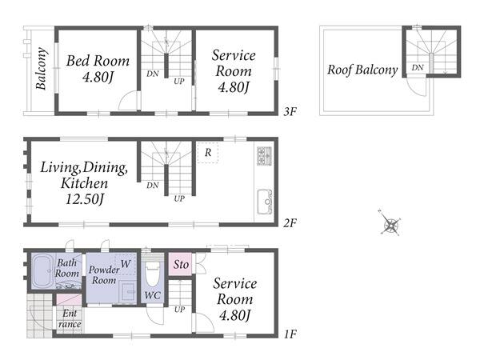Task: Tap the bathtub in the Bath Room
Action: click(x=42, y=271)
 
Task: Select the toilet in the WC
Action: click(x=153, y=274)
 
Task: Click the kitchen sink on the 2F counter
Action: click(x=264, y=202)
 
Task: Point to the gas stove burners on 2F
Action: click(x=265, y=156)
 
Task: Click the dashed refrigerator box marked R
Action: click(x=208, y=153)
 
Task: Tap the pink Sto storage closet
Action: click(x=181, y=264)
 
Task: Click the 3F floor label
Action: click(x=290, y=112)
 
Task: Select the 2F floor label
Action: click(x=290, y=223)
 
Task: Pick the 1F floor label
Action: click(x=290, y=334)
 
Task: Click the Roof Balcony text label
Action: click(x=362, y=70)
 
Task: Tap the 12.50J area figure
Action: click(x=85, y=199)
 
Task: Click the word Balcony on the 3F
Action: click(x=42, y=69)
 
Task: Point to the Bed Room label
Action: click(x=98, y=61)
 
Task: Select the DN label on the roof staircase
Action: click(x=418, y=67)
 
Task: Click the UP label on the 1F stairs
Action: click(x=179, y=310)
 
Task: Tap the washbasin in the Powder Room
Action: click(x=128, y=292)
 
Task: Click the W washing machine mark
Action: click(x=126, y=263)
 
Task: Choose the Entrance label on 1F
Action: click(x=70, y=318)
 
